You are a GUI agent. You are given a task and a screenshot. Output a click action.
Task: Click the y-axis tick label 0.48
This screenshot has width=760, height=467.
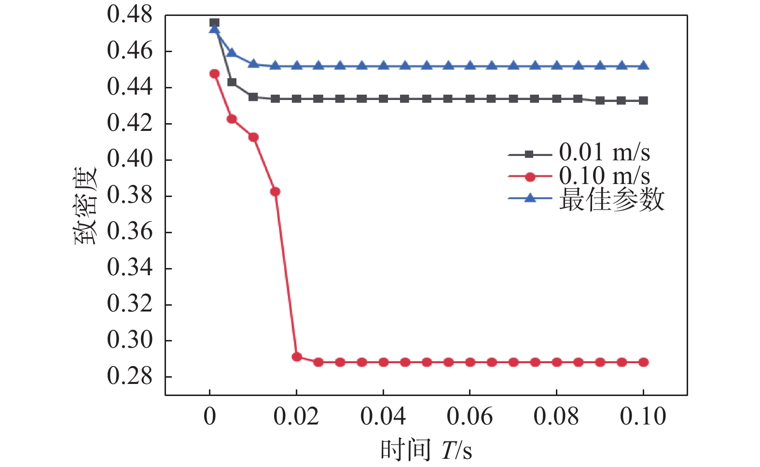(x=129, y=15)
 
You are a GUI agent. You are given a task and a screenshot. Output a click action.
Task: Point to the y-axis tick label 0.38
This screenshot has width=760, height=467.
(x=129, y=196)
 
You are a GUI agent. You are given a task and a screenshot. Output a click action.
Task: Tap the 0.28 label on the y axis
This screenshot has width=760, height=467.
(x=129, y=376)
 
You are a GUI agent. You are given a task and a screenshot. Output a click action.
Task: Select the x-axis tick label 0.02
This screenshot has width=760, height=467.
(x=296, y=416)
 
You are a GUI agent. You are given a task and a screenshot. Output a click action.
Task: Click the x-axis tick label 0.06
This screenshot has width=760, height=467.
(x=470, y=416)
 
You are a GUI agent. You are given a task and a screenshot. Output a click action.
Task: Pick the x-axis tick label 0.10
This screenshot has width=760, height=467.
(x=643, y=416)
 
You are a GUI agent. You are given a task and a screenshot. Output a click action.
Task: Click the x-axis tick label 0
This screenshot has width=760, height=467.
(x=210, y=416)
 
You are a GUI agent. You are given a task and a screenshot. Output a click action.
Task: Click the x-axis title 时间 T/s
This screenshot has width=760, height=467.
(x=426, y=450)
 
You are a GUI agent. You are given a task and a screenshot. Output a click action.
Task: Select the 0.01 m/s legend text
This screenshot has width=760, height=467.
(x=604, y=153)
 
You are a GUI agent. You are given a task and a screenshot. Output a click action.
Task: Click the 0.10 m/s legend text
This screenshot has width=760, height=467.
(x=604, y=176)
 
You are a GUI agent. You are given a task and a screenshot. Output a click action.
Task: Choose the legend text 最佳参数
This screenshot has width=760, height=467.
(x=611, y=199)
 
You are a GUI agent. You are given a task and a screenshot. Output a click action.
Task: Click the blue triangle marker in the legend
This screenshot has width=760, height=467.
(x=530, y=198)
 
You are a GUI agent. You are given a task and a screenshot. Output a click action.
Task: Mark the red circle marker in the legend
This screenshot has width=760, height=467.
(x=530, y=177)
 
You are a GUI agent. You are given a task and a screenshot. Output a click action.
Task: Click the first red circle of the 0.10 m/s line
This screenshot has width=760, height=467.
(x=215, y=74)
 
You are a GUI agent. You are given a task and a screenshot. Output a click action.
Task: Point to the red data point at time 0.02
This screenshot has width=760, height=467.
(x=297, y=357)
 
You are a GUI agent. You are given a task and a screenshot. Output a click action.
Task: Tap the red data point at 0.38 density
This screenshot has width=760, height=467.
(x=275, y=192)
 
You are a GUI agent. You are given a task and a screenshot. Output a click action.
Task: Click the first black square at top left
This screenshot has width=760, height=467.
(x=215, y=23)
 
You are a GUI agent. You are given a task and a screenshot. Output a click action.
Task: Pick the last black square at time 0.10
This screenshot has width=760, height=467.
(x=643, y=100)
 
